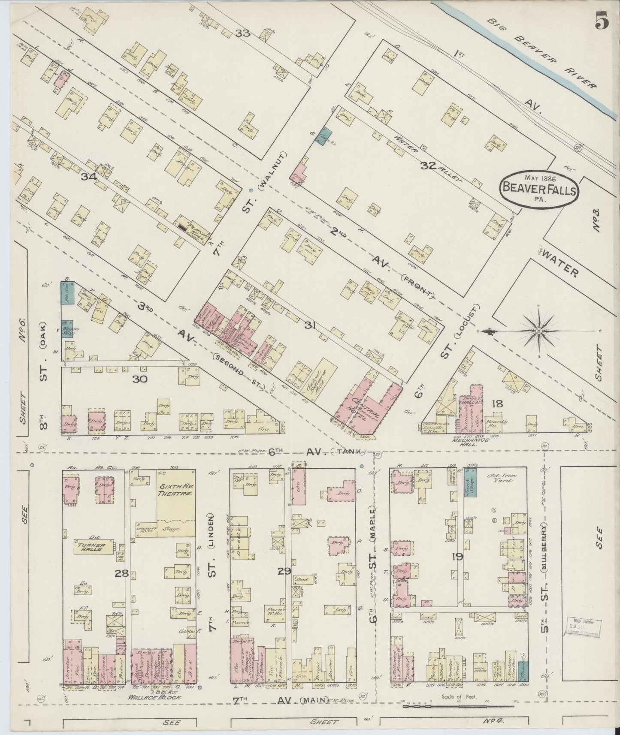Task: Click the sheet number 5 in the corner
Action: pyautogui.click(x=601, y=20)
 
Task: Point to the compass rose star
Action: pyautogui.click(x=539, y=331)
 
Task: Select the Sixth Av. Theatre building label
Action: pyautogui.click(x=176, y=491)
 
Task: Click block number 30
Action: pyautogui.click(x=140, y=379)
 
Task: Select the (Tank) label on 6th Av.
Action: pyautogui.click(x=351, y=451)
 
